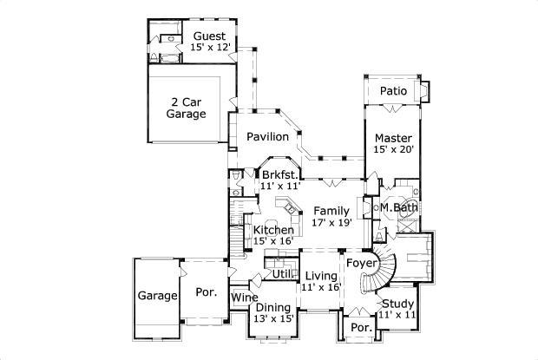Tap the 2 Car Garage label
pyautogui.click(x=187, y=108)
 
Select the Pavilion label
pyautogui.click(x=266, y=137)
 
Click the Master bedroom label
pyautogui.click(x=393, y=137)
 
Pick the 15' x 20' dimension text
pyautogui.click(x=393, y=150)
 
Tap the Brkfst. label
pyautogui.click(x=279, y=173)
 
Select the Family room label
pyautogui.click(x=331, y=211)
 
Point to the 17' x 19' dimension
pyautogui.click(x=331, y=223)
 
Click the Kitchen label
pyautogui.click(x=273, y=230)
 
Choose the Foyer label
pyautogui.click(x=360, y=262)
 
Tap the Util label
pyautogui.click(x=282, y=274)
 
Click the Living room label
pyautogui.click(x=321, y=276)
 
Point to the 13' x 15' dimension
pyautogui.click(x=272, y=318)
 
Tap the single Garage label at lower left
pyautogui.click(x=156, y=296)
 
